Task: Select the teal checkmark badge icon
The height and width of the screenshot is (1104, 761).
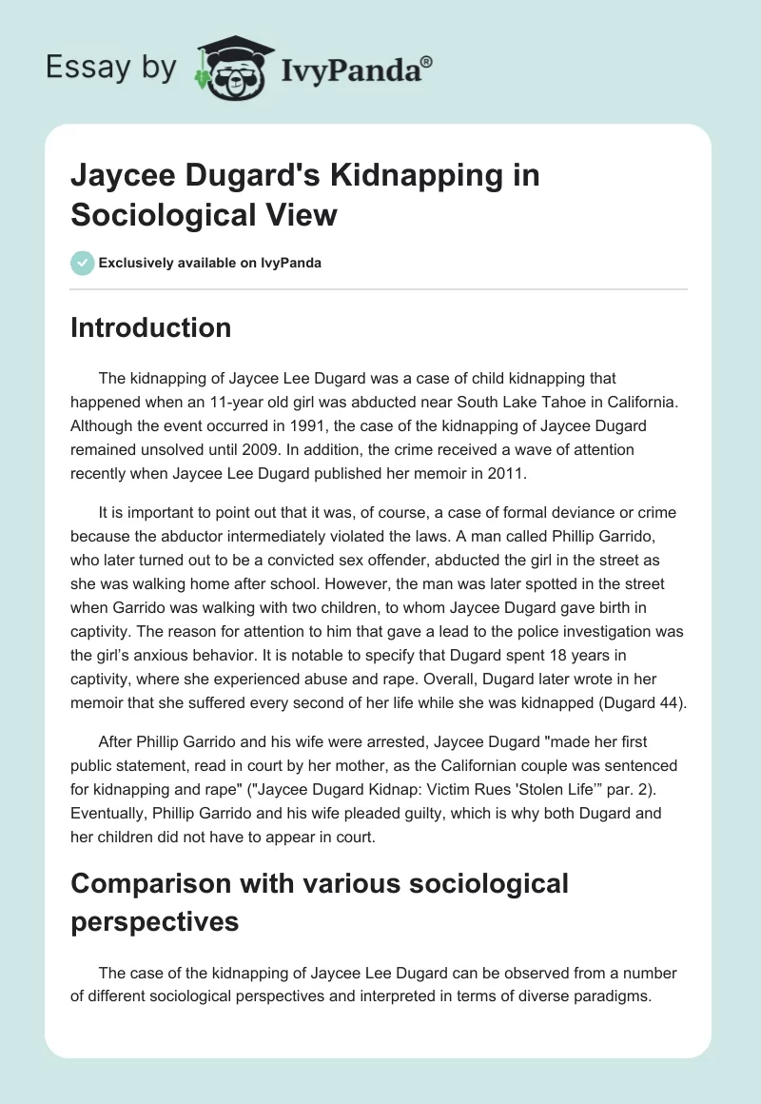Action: coord(83,263)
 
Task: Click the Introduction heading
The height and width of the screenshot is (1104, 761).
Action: coord(151,327)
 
